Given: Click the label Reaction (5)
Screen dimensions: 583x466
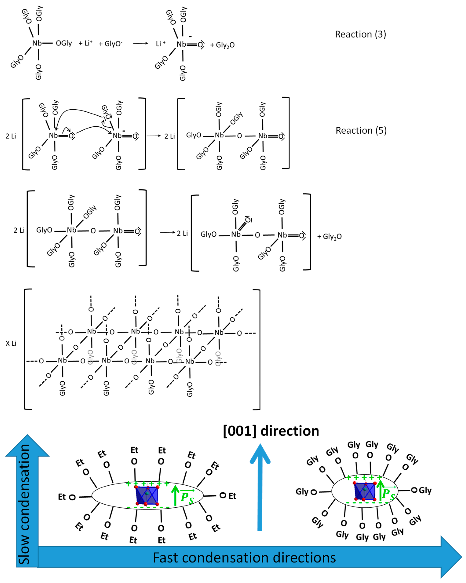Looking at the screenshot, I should click(x=361, y=131).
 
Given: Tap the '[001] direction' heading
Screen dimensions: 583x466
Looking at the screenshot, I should click(x=271, y=431).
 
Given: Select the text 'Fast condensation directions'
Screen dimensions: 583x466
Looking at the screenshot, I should click(x=244, y=558).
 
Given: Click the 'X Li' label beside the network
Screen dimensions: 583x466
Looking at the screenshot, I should click(x=11, y=343).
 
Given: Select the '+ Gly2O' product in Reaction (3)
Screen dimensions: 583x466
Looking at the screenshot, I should click(x=222, y=45).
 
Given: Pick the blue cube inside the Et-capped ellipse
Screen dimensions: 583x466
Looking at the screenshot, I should click(x=147, y=495).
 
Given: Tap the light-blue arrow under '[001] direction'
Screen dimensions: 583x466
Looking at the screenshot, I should click(x=260, y=487).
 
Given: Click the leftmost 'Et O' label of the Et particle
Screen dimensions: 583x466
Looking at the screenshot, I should click(x=66, y=497).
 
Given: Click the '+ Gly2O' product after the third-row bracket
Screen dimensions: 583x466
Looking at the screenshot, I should click(x=329, y=237).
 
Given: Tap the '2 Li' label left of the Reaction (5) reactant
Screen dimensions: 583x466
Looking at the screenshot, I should click(x=11, y=136).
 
